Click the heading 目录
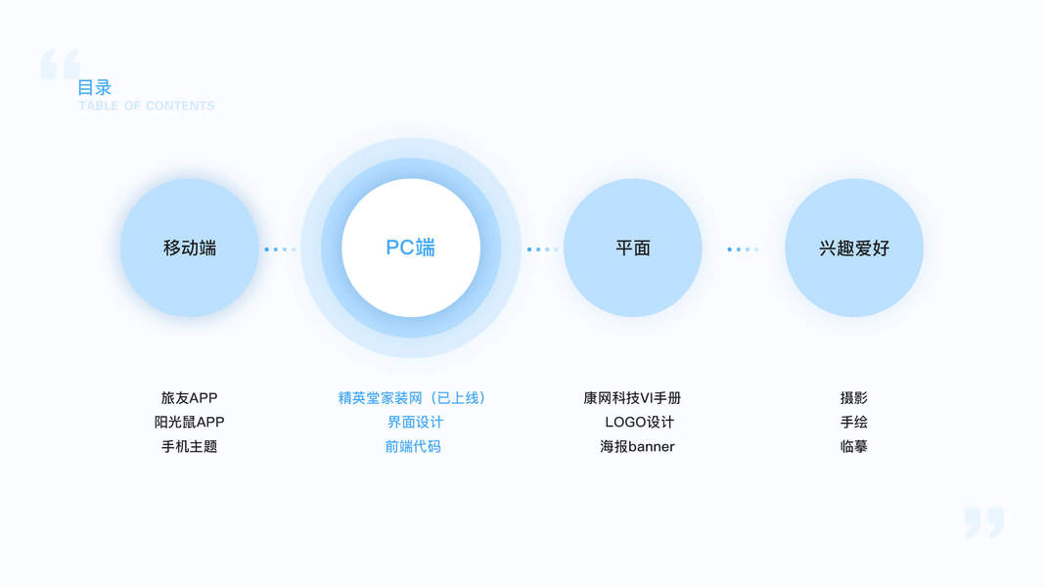tap(95, 87)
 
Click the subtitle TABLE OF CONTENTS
tap(147, 106)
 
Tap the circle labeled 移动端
tap(190, 248)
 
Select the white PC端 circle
tap(411, 248)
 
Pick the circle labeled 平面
tap(633, 248)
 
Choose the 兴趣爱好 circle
tap(854, 248)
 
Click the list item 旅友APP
tap(190, 398)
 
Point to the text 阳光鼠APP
tap(190, 423)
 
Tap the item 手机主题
tap(190, 446)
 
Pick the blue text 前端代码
tap(413, 446)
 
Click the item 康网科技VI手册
tap(632, 398)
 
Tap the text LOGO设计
tap(639, 423)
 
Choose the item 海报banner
tap(637, 446)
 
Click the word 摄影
tap(854, 398)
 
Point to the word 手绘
tap(854, 423)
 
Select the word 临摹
tap(854, 446)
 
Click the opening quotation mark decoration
tap(60, 65)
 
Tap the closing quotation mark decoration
tap(983, 522)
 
